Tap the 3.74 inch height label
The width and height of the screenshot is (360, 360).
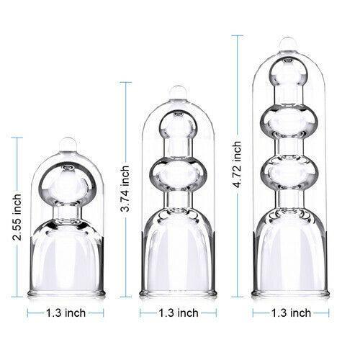[x=125, y=189]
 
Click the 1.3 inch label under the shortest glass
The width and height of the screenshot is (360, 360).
[x=66, y=312]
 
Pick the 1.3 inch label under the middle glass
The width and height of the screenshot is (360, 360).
[x=178, y=312]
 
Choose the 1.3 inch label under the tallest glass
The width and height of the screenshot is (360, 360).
[x=291, y=312]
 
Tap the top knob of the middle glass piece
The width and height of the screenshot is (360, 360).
[x=178, y=92]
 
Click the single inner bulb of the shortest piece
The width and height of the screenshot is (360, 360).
[x=66, y=184]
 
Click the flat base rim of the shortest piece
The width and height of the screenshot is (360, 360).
[x=66, y=294]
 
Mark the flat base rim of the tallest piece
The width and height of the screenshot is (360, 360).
[x=290, y=294]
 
